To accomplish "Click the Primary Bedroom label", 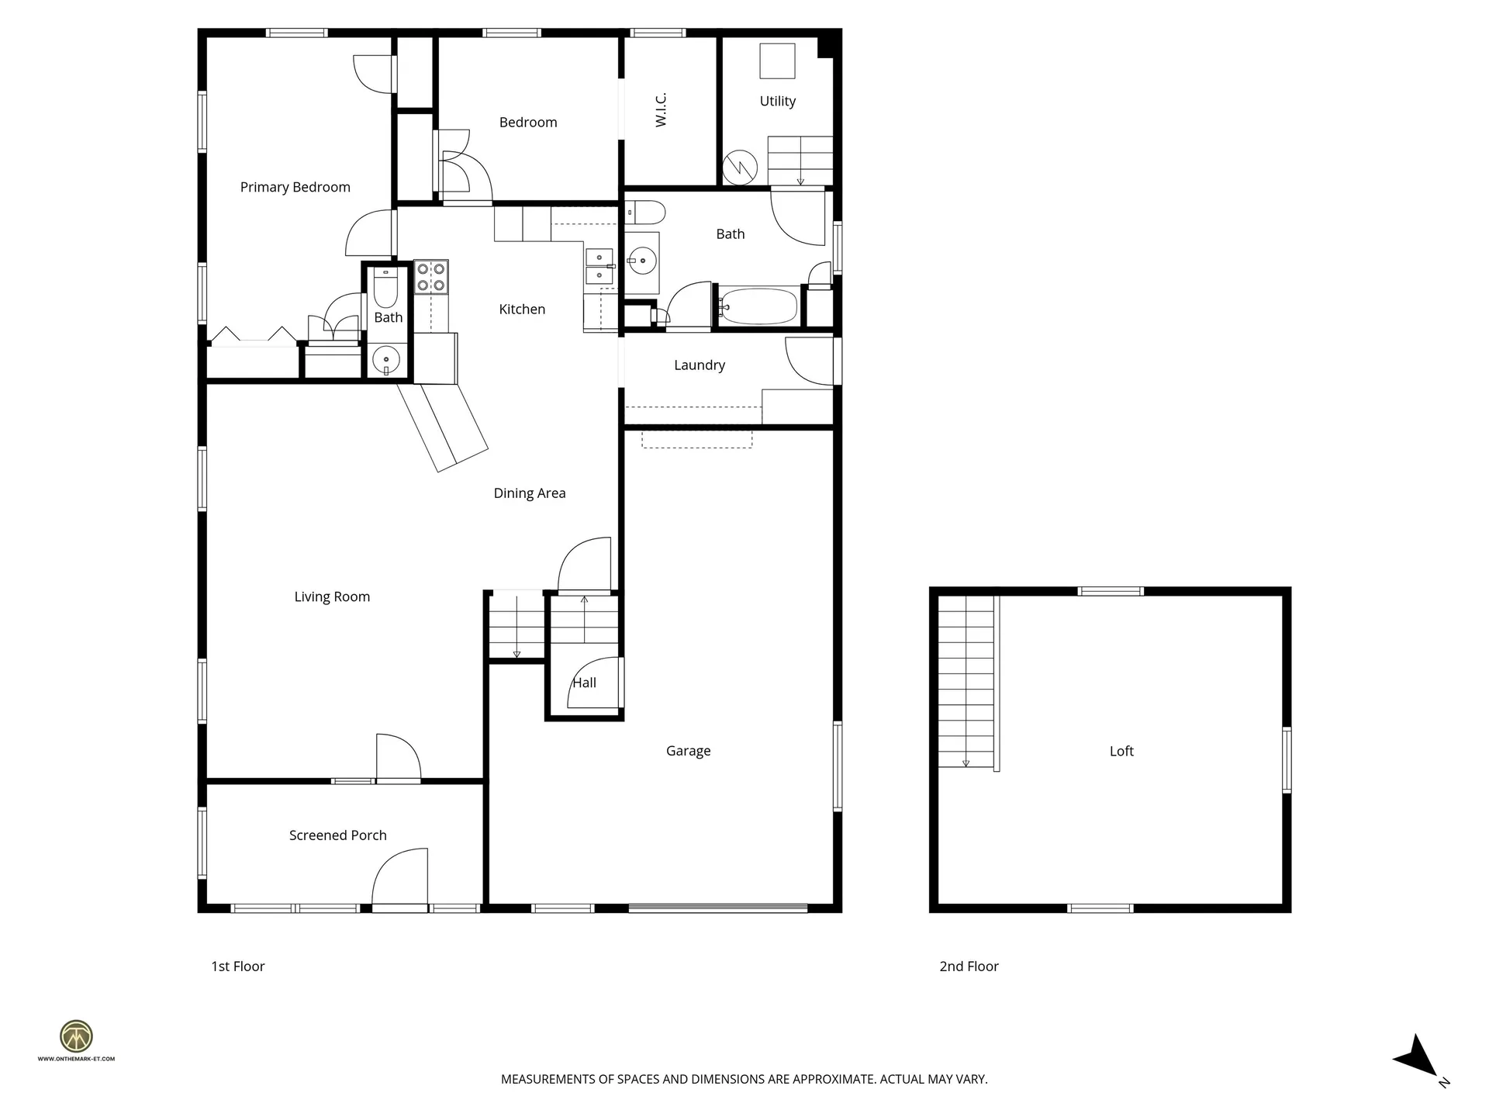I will point(295,187).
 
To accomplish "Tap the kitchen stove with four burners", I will point(430,277).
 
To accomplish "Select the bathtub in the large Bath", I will point(758,306).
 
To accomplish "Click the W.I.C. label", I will point(661,109).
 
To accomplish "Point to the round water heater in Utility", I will point(740,167).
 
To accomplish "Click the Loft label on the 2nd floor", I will point(1121,751).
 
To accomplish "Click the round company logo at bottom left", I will point(76,1036).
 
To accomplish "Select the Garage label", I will point(688,751).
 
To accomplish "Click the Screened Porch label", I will point(337,835).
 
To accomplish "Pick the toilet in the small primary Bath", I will point(385,289).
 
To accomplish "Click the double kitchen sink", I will point(599,266).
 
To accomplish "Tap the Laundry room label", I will point(699,365).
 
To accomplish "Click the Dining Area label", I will point(529,493).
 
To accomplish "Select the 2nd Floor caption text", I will point(969,967).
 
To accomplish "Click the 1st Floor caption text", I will point(238,967).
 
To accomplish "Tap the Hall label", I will point(584,683).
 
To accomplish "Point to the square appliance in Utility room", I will point(777,61).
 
